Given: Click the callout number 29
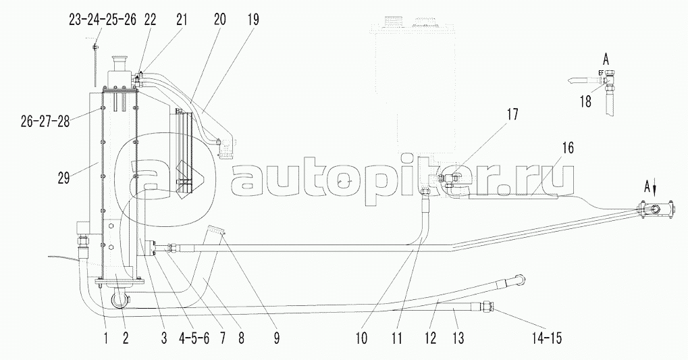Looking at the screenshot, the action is (64, 179).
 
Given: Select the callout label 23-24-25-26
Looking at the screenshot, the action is (103, 20).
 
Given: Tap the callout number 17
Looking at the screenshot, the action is (512, 115).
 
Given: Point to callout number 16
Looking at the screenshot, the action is (568, 148).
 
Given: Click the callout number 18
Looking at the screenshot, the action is (585, 101).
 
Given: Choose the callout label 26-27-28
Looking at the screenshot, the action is (45, 121).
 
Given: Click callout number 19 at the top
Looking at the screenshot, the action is (253, 20).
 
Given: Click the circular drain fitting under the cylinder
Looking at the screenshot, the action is (120, 301).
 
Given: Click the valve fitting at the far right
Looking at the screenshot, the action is (654, 209).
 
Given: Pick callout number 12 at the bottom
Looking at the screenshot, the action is (430, 338).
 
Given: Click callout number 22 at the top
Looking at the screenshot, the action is (150, 20).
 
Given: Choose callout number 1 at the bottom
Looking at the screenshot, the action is (105, 338).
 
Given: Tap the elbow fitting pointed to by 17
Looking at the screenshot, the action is (448, 180).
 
